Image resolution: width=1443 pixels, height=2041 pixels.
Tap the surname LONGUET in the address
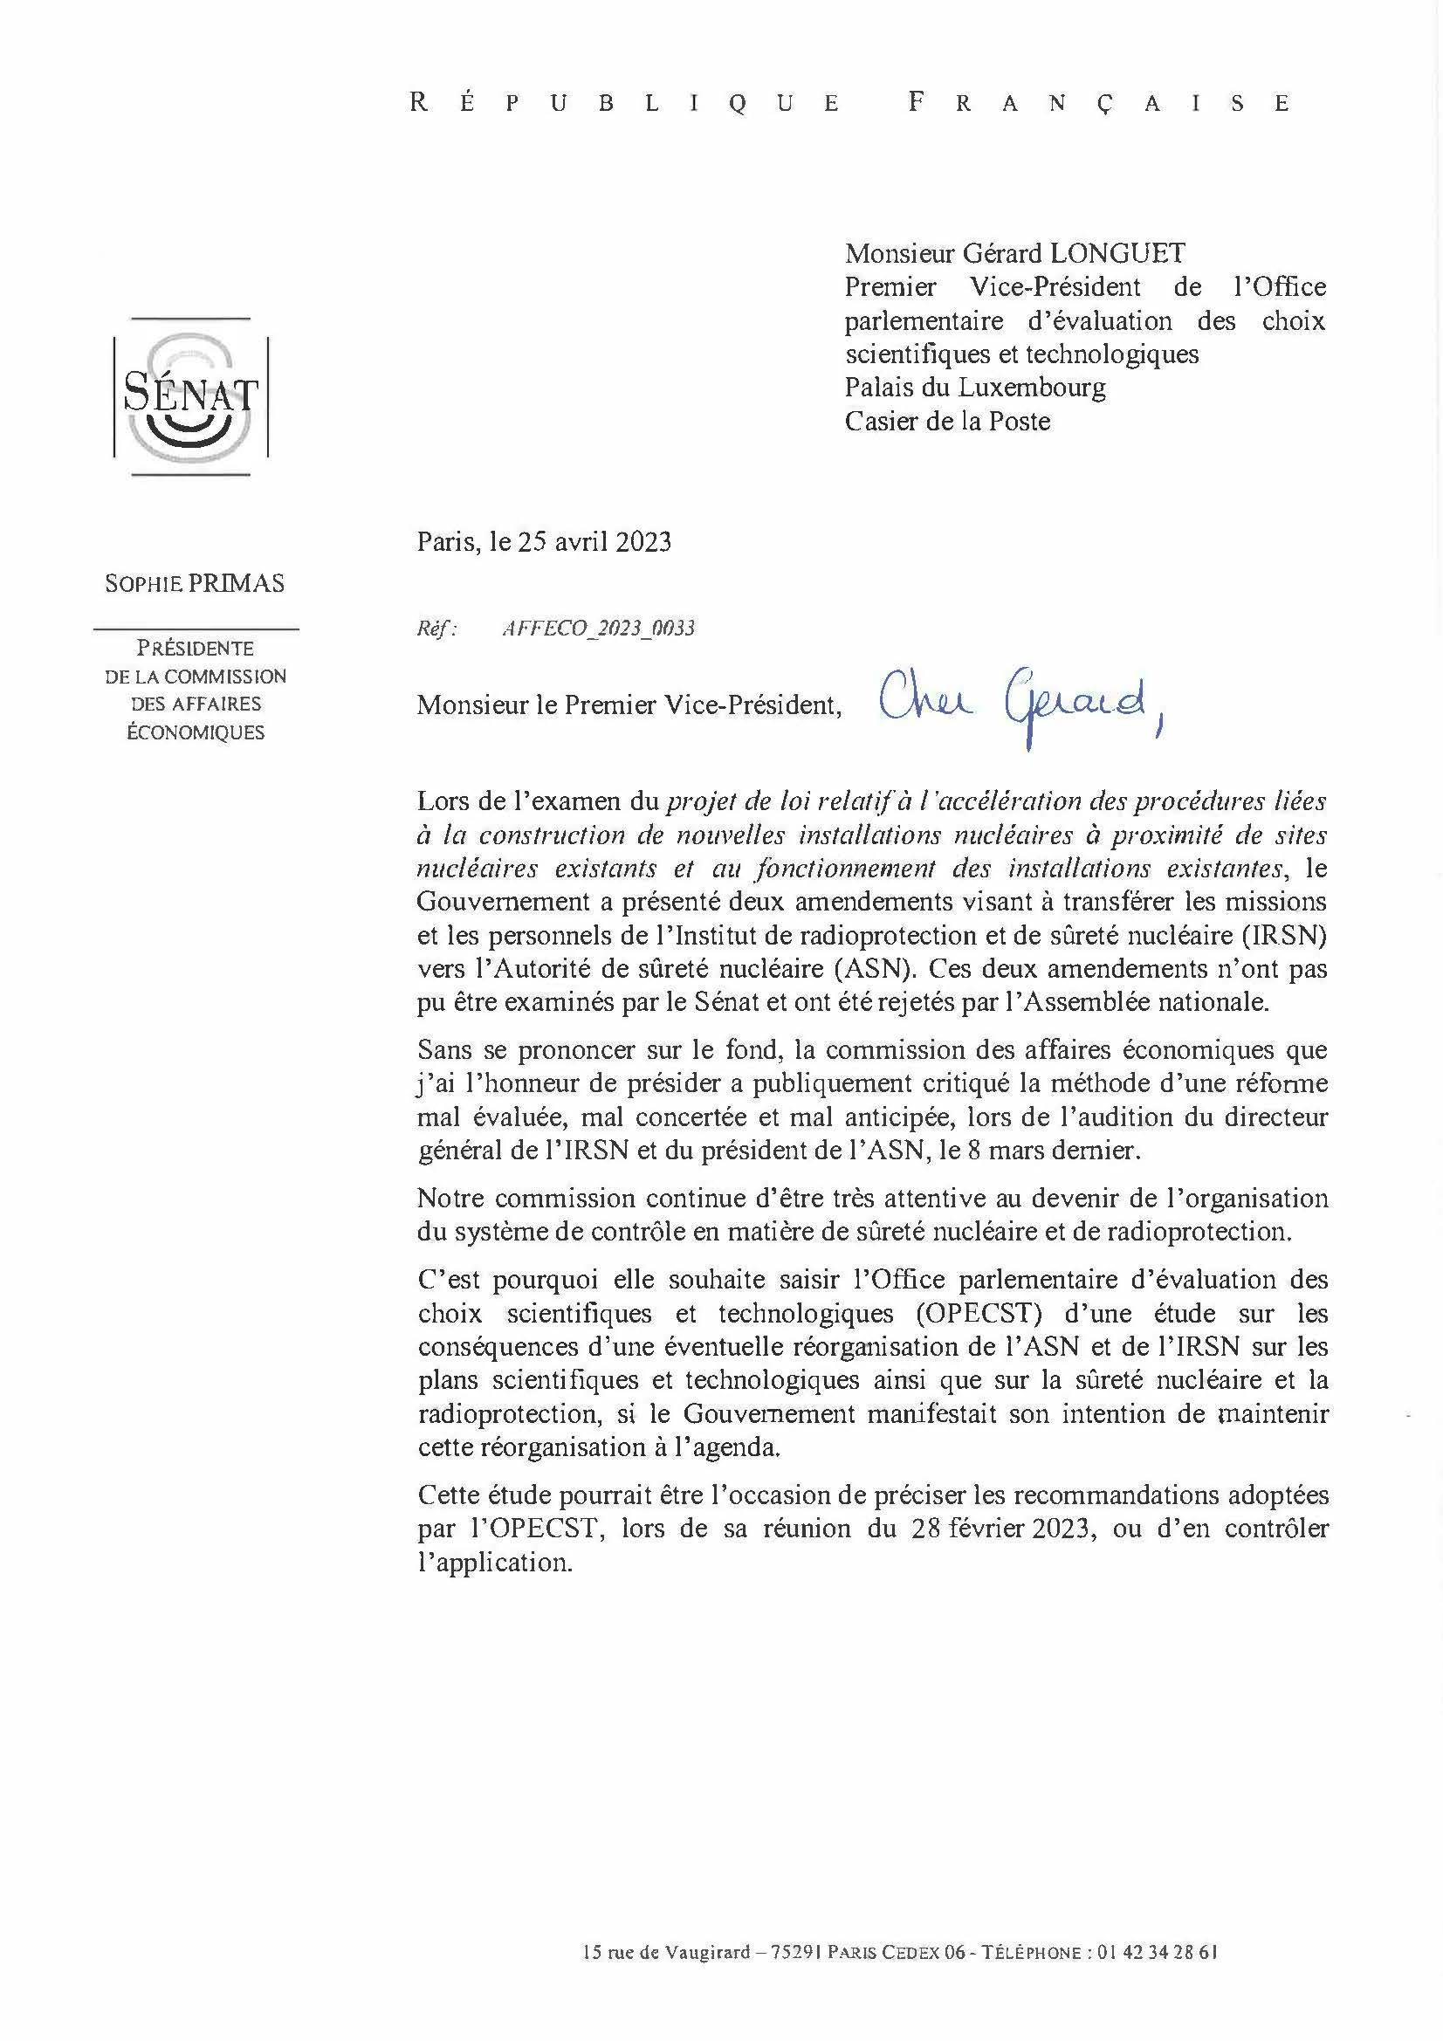(x=1117, y=254)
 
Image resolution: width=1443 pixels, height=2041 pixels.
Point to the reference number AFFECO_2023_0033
(x=598, y=629)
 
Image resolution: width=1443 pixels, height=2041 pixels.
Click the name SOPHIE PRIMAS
(x=195, y=584)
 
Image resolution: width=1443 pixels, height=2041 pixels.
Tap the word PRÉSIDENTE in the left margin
(x=195, y=649)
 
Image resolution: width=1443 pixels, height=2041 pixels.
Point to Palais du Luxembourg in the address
(x=975, y=388)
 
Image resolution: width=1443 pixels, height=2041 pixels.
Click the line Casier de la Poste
(x=947, y=422)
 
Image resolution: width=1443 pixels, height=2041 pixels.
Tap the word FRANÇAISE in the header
(x=1099, y=103)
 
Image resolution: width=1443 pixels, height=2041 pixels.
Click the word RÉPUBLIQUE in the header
(x=625, y=103)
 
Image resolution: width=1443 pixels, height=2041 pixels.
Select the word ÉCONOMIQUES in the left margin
(x=195, y=733)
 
